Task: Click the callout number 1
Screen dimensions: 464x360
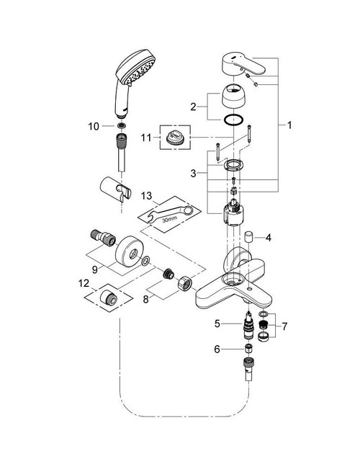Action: (x=289, y=125)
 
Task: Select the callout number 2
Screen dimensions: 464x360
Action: (x=192, y=107)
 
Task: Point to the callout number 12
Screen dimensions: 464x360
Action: (x=84, y=285)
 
